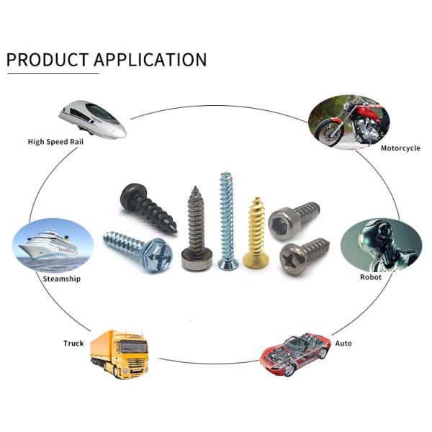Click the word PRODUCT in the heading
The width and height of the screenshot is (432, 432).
(48, 59)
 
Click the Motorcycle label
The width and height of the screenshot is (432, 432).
(400, 148)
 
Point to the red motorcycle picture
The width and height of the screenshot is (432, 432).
(348, 118)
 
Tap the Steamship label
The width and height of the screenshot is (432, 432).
(62, 279)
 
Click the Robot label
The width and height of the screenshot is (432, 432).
(371, 276)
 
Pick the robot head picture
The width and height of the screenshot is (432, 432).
(381, 245)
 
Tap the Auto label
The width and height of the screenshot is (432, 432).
(343, 343)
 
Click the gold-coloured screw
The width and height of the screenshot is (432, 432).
(255, 230)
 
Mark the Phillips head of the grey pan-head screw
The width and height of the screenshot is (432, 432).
(294, 256)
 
